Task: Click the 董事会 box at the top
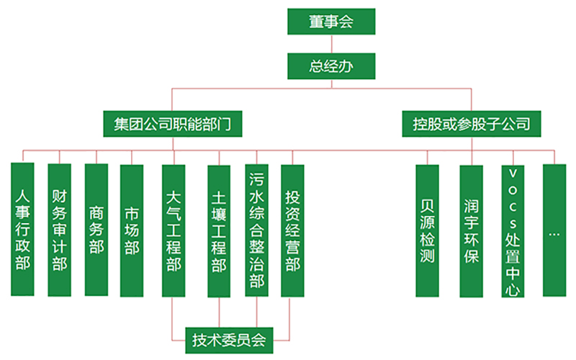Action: coord(331,22)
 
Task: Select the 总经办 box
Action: coord(331,66)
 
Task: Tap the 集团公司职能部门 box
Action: coord(171,124)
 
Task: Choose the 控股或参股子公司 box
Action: coord(472,124)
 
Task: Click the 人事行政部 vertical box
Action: coord(22,229)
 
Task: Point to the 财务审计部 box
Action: coord(59,229)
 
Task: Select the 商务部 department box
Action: coord(96,229)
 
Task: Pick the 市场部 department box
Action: coord(132,229)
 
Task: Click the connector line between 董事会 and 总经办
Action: coord(331,44)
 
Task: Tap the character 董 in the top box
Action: coord(315,22)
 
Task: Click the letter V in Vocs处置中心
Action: coord(513,174)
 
